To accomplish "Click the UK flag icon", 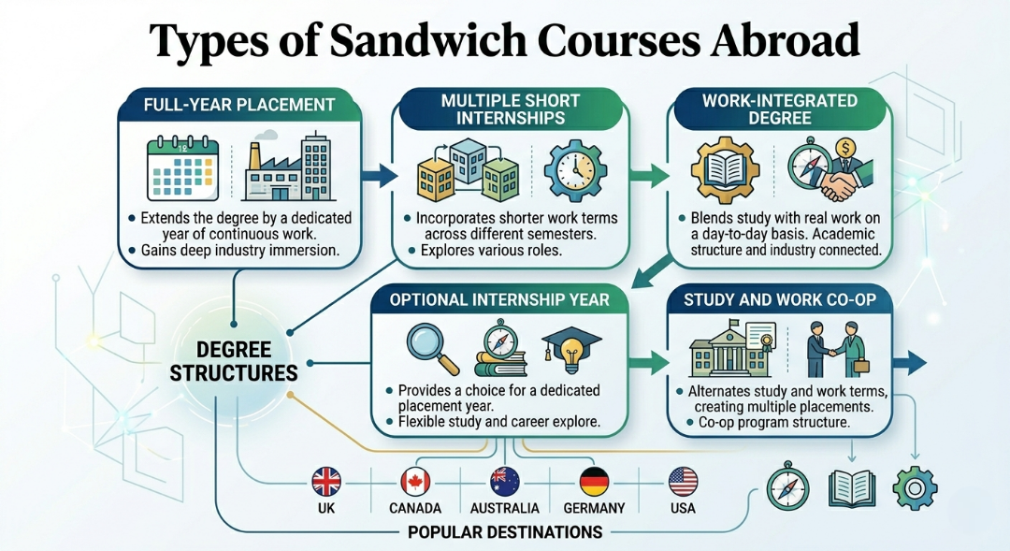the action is coord(326,482).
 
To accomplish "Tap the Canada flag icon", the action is coord(415,482).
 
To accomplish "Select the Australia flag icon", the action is coord(504,482).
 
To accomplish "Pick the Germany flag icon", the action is coord(594,482).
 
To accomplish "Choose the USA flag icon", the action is coord(683,482).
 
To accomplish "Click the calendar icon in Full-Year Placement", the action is coord(183,168).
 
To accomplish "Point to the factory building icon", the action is coord(288,167).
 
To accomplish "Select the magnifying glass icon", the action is coord(433,348).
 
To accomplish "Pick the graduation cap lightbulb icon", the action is coord(571,350).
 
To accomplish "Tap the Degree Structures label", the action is coord(234,361).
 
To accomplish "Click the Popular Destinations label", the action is coord(505,532).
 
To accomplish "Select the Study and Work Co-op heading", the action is coord(780,299).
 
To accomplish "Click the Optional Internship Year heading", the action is coord(499,299).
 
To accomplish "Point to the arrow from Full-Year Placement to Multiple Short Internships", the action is coord(379,175).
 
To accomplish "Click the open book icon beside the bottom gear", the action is coord(852,487).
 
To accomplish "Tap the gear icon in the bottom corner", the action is coord(915,488).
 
